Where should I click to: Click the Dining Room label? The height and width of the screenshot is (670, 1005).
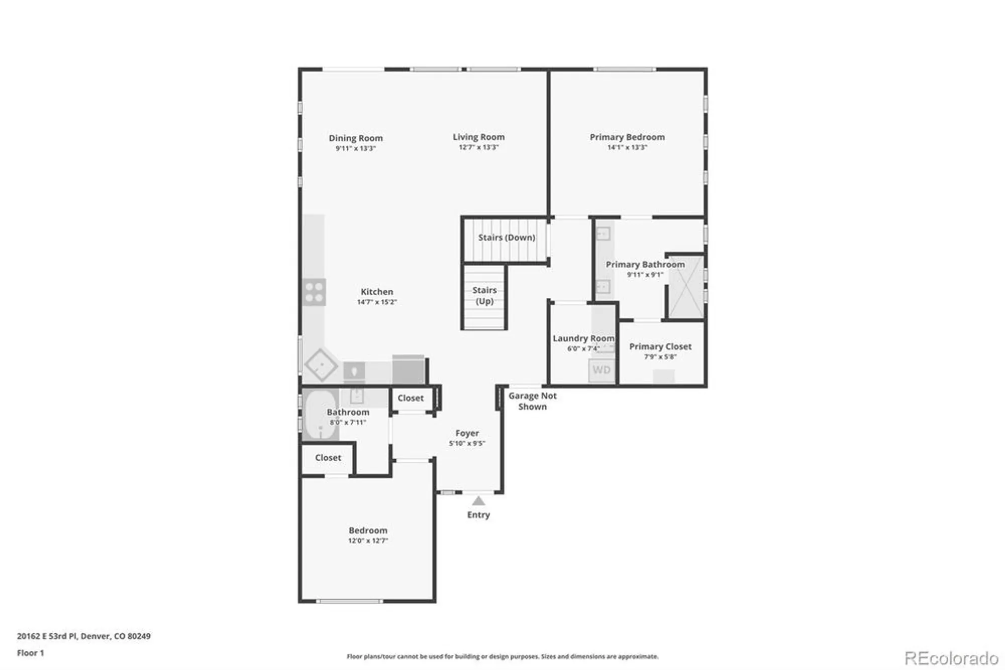point(356,138)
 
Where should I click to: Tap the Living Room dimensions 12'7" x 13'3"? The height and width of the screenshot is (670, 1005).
point(478,147)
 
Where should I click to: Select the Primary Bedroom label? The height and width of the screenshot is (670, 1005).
point(627,137)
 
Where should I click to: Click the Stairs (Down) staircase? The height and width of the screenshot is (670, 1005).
point(505,239)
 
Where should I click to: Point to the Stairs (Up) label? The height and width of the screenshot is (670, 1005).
point(484,296)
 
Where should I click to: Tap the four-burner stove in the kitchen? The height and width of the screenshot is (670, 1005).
point(314,292)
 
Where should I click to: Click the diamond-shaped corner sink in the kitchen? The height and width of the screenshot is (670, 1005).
point(321,365)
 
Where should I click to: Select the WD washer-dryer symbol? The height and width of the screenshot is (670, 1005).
point(601,370)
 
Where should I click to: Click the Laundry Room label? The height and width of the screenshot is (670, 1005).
point(583,339)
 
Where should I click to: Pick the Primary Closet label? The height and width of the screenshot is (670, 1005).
point(660,347)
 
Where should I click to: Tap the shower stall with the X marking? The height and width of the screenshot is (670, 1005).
point(686,287)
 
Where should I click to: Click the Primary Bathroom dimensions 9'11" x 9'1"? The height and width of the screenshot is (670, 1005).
point(645,275)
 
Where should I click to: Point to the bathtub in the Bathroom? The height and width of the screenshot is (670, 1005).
point(320,414)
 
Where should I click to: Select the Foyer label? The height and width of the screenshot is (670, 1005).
point(467,433)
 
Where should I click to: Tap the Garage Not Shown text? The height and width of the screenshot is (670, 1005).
point(533,401)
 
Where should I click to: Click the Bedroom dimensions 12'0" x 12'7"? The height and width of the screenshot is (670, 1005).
point(368,541)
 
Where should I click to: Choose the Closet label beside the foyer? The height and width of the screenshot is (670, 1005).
point(411,398)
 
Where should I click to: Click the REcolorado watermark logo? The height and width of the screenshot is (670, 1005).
point(951,658)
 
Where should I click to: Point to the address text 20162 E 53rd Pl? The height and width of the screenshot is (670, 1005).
point(47,636)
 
